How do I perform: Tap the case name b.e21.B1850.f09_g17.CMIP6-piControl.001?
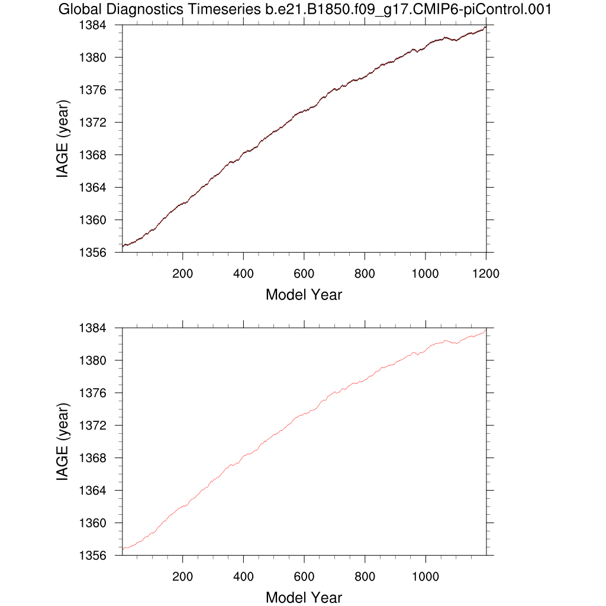coord(414,9)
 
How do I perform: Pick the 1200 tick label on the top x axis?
coord(486,273)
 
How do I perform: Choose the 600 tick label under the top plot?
coord(304,273)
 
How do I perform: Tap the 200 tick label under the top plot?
coord(182,273)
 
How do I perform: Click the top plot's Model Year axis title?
coord(304,294)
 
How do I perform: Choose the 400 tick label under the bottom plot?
coord(243,576)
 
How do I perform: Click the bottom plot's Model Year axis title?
coord(304,597)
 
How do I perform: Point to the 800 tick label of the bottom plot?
coord(365,576)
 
